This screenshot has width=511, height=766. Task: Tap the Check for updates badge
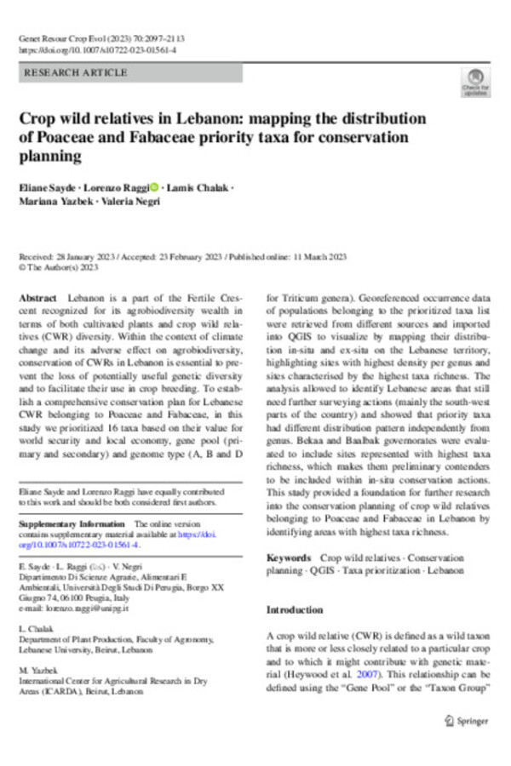tap(474, 81)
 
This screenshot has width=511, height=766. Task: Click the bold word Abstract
tap(36, 300)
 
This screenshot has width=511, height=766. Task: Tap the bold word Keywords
tap(288, 557)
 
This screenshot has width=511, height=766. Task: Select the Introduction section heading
tap(295, 610)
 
